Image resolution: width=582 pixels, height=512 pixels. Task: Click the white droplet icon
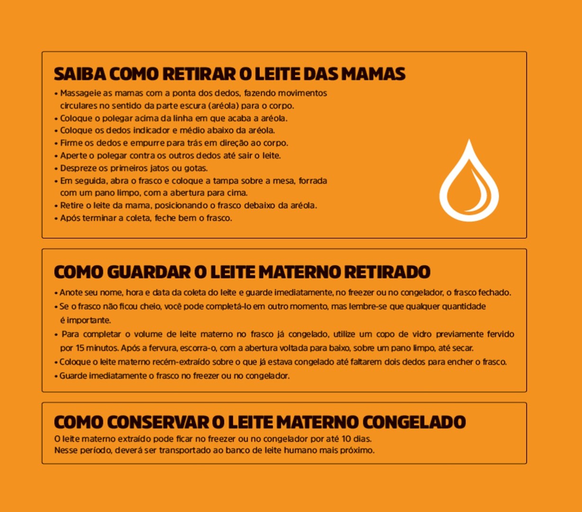point(469,183)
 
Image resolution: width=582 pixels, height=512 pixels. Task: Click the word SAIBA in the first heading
point(79,74)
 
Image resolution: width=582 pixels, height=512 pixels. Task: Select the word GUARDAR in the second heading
point(148,272)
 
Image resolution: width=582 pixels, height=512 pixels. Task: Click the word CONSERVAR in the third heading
point(161,422)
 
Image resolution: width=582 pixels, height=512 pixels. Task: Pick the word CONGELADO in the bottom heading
point(414,422)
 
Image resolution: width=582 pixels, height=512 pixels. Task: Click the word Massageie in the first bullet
point(80,93)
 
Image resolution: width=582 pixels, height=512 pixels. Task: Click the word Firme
point(71,143)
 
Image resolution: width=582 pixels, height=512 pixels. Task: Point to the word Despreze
point(77,168)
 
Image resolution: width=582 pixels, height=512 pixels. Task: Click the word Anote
point(70,293)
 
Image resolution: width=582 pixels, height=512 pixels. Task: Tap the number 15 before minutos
point(80,348)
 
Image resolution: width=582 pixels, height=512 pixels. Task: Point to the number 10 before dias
point(346,439)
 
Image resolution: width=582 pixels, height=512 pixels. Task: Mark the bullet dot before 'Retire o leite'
point(56,206)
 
